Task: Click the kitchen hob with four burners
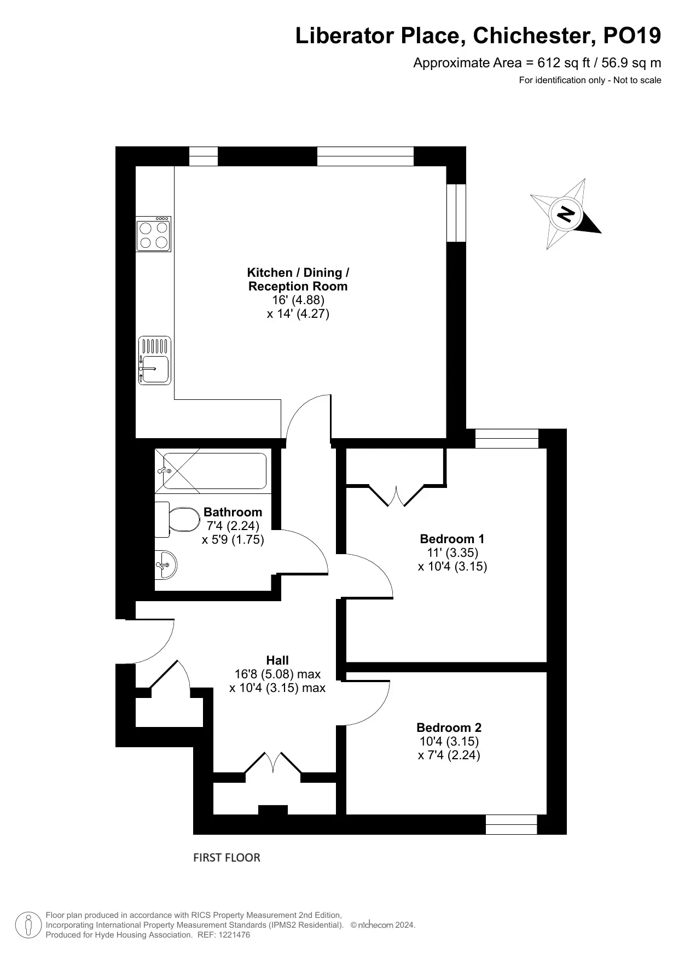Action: tap(154, 234)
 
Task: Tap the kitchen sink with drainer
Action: tap(154, 360)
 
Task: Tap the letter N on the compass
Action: tap(567, 213)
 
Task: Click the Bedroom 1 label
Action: tap(452, 538)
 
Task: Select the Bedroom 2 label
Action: tap(449, 728)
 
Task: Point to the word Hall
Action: tap(277, 660)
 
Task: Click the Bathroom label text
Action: tap(233, 512)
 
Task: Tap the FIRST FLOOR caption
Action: tap(227, 857)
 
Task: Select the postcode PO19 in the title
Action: tap(632, 36)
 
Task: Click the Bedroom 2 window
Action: tap(512, 824)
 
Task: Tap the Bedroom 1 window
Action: tap(507, 439)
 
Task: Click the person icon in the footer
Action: tap(28, 925)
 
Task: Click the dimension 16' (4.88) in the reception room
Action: tap(299, 300)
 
